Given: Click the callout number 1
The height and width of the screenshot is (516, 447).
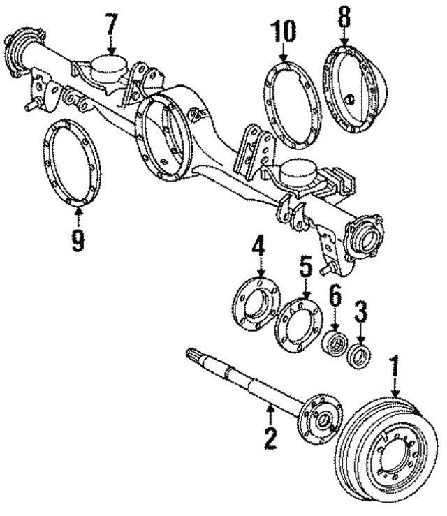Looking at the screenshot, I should (x=396, y=368).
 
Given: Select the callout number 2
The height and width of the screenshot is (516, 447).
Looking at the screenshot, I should (x=270, y=438).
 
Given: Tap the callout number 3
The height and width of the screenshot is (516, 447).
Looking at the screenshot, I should (x=360, y=309).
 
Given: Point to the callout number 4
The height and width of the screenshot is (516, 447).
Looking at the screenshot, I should (x=258, y=246).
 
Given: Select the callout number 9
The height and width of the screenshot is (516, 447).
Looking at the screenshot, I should (x=77, y=239).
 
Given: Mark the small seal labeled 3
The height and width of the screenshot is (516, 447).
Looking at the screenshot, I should (x=360, y=354).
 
